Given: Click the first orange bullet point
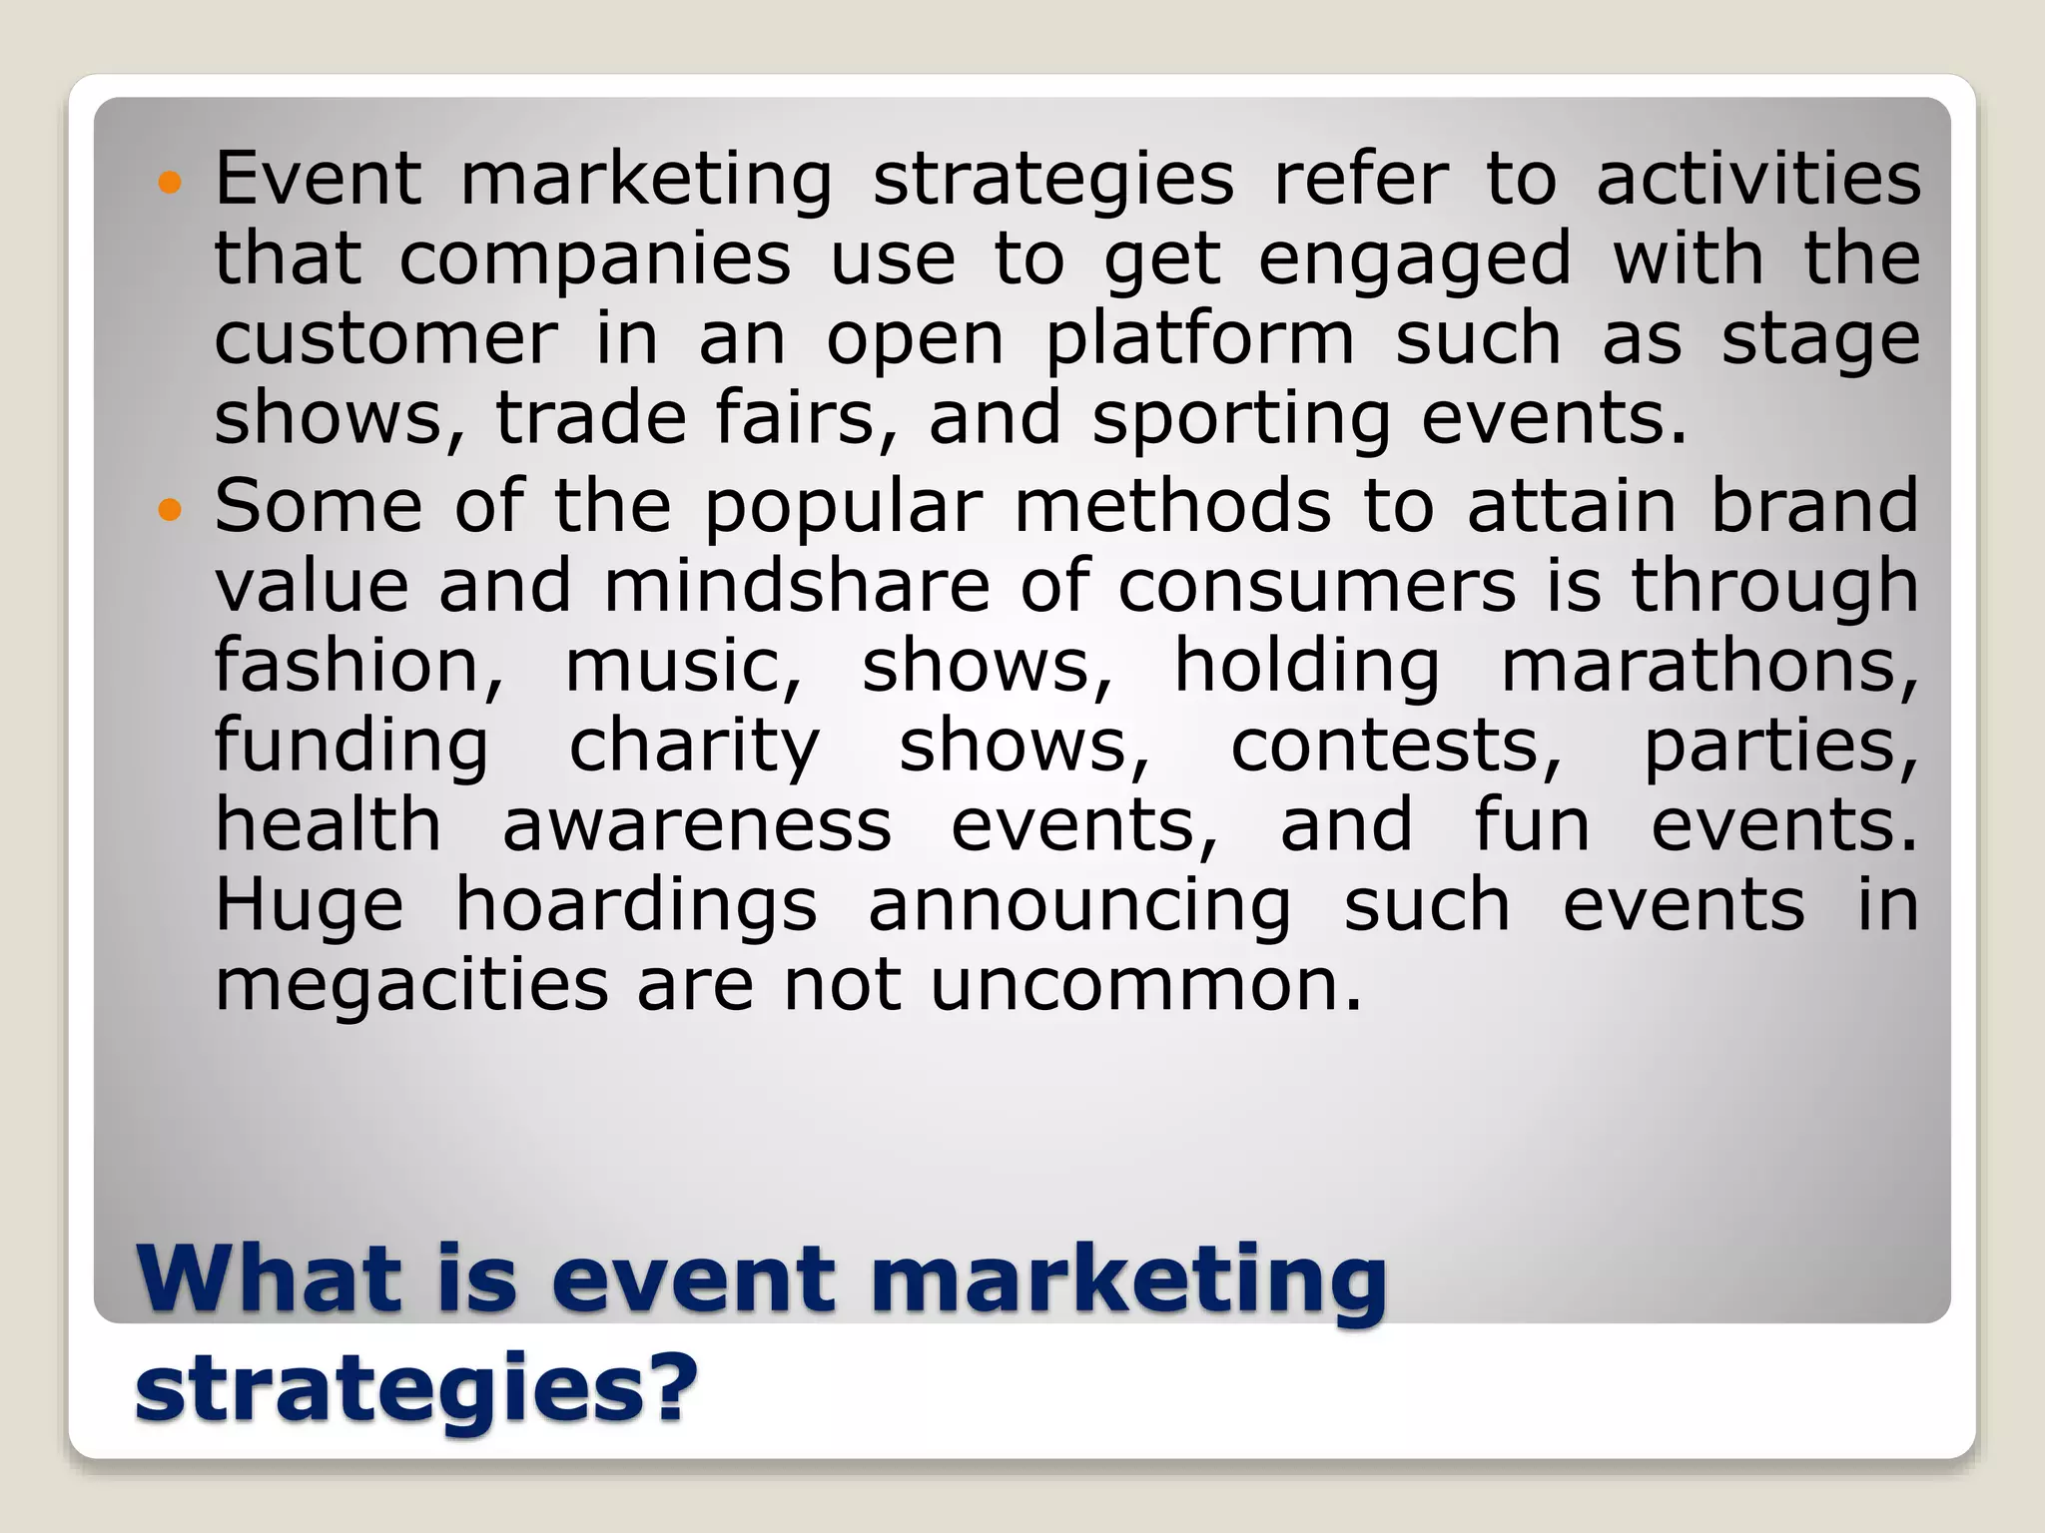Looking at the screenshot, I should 171,183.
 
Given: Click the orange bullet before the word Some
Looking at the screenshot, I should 171,511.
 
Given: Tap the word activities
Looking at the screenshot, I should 1757,180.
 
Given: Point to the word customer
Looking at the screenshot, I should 385,339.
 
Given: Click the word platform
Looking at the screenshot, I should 1200,341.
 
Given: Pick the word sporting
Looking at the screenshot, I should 1241,421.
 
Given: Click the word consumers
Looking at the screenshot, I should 1316,588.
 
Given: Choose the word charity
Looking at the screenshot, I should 694,749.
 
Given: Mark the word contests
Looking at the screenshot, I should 1395,747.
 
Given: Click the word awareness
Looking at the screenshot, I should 696,826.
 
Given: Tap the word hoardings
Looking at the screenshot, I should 636,908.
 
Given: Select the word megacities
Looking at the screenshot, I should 411,988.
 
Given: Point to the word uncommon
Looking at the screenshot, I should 1145,986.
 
